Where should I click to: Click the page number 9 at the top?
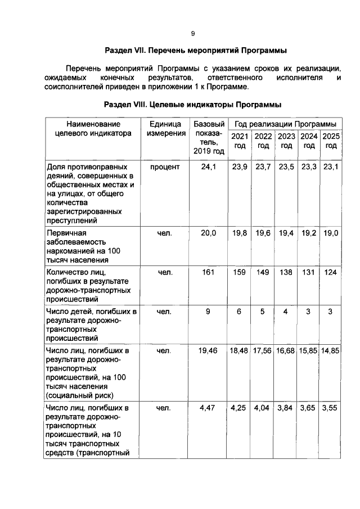[192, 34]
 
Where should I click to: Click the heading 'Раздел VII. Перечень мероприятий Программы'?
[192, 50]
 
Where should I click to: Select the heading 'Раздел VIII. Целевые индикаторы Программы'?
[192, 105]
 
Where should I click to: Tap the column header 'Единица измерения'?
[166, 129]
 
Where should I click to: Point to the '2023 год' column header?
[286, 141]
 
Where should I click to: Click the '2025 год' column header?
[331, 141]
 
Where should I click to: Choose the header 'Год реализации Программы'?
[286, 123]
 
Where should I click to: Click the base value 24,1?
[208, 167]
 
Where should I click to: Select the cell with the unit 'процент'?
[165, 167]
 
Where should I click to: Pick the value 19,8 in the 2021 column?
[240, 233]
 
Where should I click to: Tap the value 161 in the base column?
[208, 272]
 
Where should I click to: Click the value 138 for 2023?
[286, 272]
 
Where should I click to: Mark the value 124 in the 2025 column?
[331, 272]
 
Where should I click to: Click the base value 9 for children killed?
[208, 312]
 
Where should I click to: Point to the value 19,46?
[208, 351]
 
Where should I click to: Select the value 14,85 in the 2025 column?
[331, 351]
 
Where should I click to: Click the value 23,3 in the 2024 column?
[309, 167]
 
